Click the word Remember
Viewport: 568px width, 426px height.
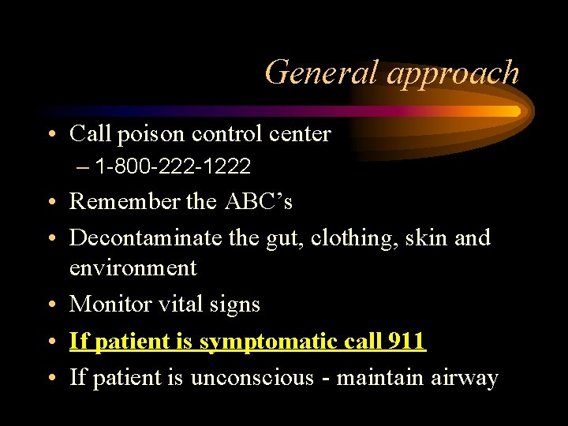coord(125,202)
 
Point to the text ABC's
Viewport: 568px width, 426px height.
coord(259,202)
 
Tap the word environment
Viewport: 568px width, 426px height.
coord(133,268)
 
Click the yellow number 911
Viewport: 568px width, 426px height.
coord(406,342)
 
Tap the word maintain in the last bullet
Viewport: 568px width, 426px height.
coord(378,378)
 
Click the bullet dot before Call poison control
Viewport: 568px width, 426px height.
coord(52,135)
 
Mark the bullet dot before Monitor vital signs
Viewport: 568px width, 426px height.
coord(52,305)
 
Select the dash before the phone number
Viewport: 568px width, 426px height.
coord(84,166)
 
